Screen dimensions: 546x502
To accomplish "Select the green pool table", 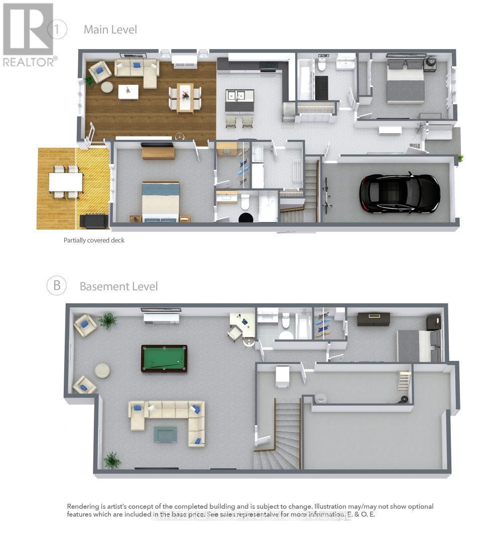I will pyautogui.click(x=164, y=358).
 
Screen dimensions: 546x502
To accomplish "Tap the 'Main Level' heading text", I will pyautogui.click(x=110, y=30).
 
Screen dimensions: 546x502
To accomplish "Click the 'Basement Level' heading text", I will pyautogui.click(x=118, y=286).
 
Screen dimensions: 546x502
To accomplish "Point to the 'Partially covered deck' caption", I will pyautogui.click(x=94, y=240).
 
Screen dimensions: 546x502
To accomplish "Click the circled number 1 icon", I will pyautogui.click(x=57, y=29).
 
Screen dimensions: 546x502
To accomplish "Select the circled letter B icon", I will pyautogui.click(x=57, y=286).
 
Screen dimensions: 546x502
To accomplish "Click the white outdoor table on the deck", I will pyautogui.click(x=66, y=181).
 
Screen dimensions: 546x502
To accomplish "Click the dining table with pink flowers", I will pyautogui.click(x=185, y=97).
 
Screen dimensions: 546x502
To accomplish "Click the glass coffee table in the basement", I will pyautogui.click(x=165, y=433).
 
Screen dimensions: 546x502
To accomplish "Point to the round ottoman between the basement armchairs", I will pyautogui.click(x=102, y=371).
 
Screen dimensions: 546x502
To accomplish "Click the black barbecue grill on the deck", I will pyautogui.click(x=93, y=221).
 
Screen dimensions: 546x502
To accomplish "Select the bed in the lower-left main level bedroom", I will pyautogui.click(x=161, y=201).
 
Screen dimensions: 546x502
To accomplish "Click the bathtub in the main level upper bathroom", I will pyautogui.click(x=305, y=81).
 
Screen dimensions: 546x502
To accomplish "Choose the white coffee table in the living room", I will pyautogui.click(x=129, y=91).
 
